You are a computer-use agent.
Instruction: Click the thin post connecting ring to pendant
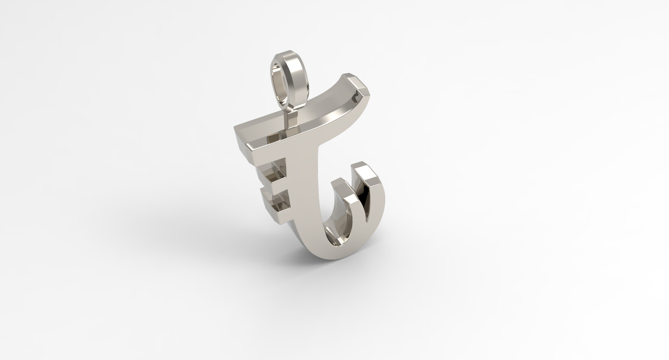[291, 114]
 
